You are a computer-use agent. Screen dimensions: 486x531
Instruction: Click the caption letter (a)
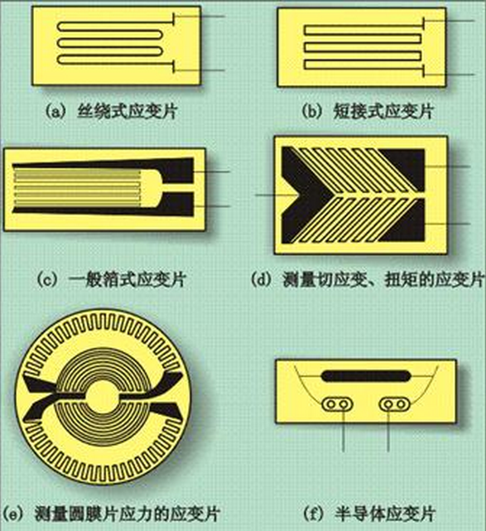(54, 111)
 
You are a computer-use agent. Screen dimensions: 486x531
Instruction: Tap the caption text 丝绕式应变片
(127, 111)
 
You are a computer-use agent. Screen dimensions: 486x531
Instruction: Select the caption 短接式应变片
(383, 111)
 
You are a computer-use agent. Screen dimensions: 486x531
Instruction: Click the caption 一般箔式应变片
(128, 280)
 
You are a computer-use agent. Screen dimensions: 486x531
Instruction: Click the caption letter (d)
(262, 280)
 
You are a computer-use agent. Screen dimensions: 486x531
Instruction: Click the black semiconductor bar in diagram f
(366, 376)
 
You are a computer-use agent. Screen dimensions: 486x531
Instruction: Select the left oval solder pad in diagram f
(337, 404)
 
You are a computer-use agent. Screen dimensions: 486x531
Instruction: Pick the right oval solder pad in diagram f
(394, 404)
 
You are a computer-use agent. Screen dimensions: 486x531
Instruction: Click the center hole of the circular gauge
(103, 396)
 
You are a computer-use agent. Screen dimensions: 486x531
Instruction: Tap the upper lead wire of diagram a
(200, 17)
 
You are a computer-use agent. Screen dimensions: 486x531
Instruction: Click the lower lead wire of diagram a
(200, 70)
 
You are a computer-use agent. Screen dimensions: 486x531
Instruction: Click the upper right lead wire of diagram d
(447, 167)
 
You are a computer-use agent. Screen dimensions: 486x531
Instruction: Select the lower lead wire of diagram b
(449, 75)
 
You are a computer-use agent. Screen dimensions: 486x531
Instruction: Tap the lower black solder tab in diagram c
(176, 205)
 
